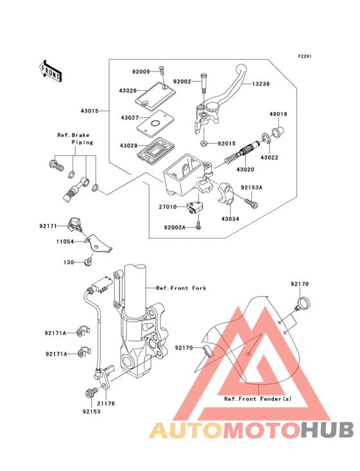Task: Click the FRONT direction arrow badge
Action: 51,69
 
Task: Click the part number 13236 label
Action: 261,83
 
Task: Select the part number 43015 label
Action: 89,111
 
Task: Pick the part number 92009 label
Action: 142,72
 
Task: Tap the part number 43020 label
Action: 245,169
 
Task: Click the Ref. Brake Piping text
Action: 75,138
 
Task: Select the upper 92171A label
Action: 57,333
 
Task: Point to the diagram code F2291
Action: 304,57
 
